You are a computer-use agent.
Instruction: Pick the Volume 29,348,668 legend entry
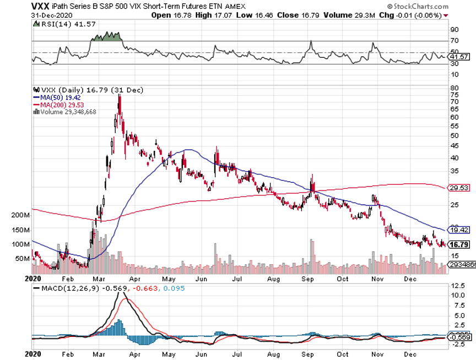(x=65, y=111)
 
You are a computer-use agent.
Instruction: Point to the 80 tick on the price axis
(x=455, y=88)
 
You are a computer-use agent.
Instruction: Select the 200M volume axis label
(x=21, y=215)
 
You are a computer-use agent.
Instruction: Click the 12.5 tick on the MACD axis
(x=457, y=286)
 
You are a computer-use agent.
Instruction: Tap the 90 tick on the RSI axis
(x=455, y=29)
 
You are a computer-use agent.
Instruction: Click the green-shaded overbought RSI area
(x=106, y=36)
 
